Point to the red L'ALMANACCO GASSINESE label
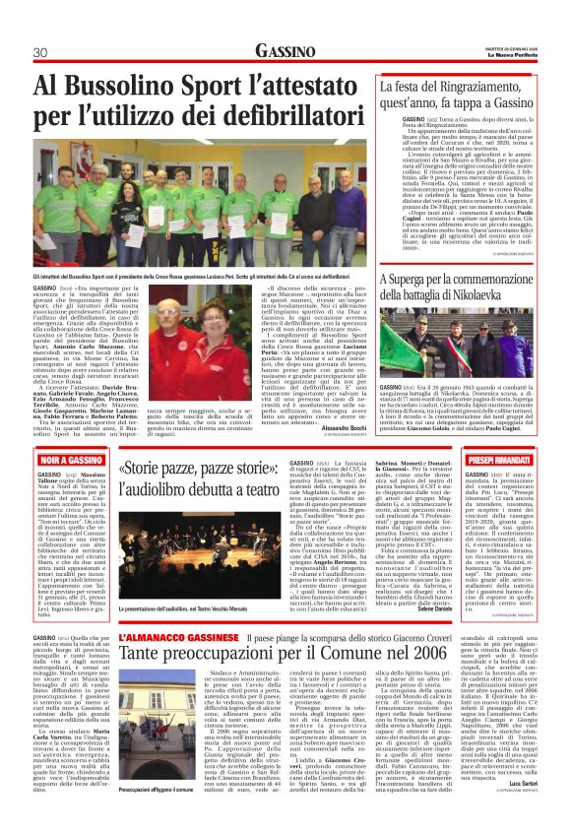[x=168, y=639]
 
